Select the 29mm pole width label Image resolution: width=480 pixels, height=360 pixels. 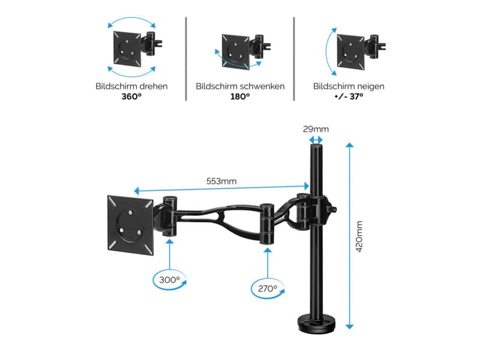coord(316,128)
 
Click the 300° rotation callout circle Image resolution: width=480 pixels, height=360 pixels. coord(170,280)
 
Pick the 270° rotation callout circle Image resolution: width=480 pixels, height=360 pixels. coord(267,289)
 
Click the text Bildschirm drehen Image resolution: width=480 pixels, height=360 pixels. coord(131,86)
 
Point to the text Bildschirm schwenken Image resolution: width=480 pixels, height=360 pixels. coord(240,86)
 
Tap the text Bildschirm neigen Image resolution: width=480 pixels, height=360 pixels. coord(349,86)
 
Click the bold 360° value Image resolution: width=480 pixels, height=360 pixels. coord(131,97)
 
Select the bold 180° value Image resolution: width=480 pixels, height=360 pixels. coord(240,97)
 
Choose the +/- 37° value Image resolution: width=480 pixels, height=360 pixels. coord(349,97)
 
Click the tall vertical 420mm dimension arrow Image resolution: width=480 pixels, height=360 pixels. coord(349,235)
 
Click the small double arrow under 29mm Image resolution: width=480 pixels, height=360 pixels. coord(316,140)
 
